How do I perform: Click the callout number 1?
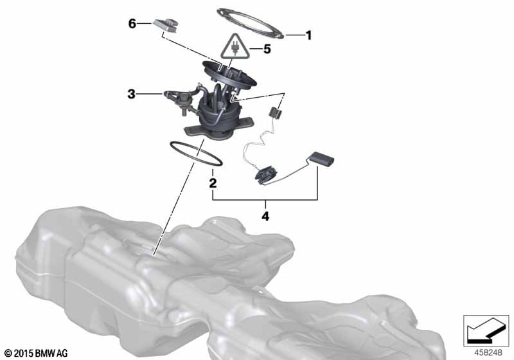pos(308,35)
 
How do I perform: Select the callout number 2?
pos(213,183)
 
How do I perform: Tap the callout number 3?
pos(131,94)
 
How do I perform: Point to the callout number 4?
pos(265,217)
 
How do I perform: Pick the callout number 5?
pos(267,50)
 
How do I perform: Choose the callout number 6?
pos(132,24)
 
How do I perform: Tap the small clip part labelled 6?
pos(166,25)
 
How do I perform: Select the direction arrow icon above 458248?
pos(486,330)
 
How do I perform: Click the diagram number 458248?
pos(488,353)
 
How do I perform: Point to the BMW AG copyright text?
pos(37,354)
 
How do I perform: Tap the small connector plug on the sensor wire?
pos(275,113)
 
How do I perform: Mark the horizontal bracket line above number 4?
pos(265,200)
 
